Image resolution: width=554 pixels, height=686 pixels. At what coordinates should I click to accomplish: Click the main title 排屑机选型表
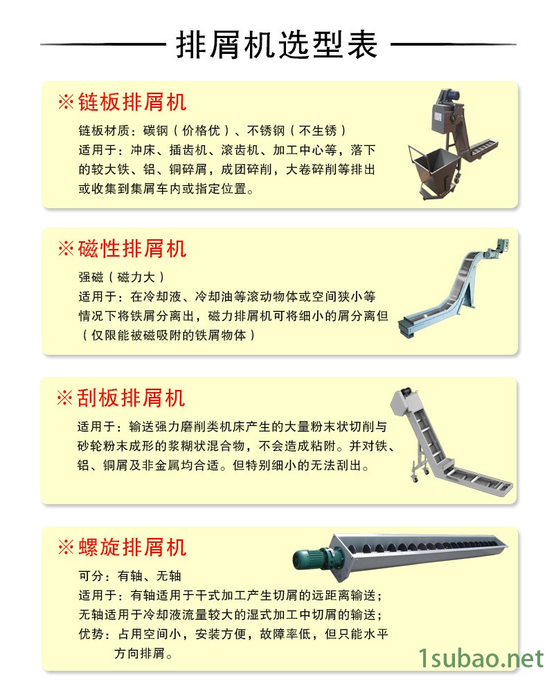[x=277, y=45]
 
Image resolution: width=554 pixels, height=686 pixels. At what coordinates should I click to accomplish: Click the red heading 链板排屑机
[x=132, y=102]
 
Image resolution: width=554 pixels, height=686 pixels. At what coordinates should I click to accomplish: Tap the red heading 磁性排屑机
[x=132, y=248]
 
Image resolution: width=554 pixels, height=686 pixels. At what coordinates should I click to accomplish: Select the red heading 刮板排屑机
[x=131, y=398]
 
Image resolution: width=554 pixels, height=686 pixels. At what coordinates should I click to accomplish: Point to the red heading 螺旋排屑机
[x=132, y=547]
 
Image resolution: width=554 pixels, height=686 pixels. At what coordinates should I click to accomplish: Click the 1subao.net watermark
[x=481, y=658]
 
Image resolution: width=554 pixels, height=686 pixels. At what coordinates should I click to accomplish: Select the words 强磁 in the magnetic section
[x=91, y=277]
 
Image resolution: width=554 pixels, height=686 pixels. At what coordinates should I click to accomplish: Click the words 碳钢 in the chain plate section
[x=156, y=131]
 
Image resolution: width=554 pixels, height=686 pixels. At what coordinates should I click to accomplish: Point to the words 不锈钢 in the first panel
[x=266, y=131]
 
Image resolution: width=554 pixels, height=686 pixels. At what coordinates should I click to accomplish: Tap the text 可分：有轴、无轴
[x=130, y=576]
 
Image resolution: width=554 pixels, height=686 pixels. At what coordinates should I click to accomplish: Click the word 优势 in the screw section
[x=91, y=633]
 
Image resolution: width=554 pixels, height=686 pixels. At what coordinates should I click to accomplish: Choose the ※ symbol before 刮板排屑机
[x=65, y=398]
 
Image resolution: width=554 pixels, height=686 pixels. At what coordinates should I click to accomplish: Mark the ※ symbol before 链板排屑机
[x=66, y=102]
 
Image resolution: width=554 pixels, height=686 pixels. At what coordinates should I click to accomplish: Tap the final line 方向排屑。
[x=143, y=653]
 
